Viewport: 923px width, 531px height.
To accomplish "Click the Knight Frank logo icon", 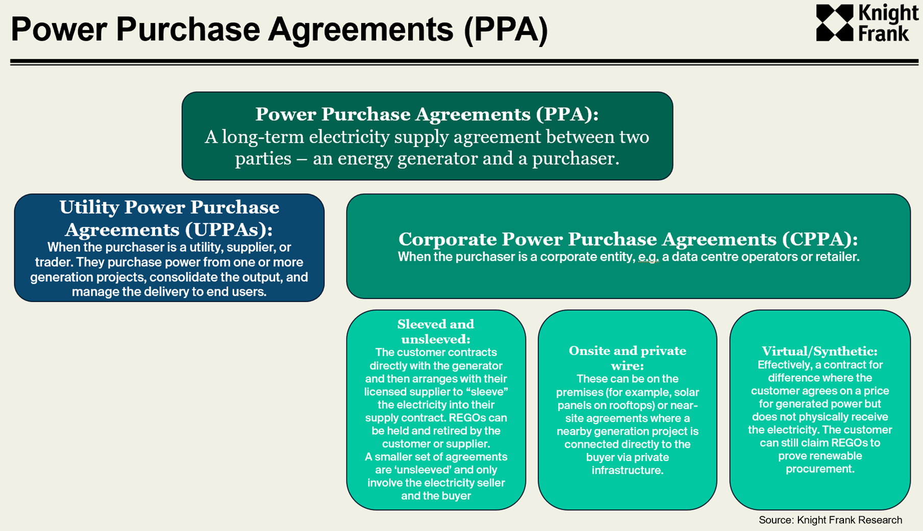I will [x=835, y=23].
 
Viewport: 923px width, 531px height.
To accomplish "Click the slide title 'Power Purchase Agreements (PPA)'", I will [x=279, y=29].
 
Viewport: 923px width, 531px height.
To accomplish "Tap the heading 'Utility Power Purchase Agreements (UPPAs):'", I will [x=169, y=218].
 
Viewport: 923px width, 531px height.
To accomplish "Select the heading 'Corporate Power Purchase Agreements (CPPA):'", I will [x=628, y=239].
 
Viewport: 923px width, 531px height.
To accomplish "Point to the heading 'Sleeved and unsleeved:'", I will [x=436, y=331].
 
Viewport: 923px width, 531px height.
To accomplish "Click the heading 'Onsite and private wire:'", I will [x=627, y=358].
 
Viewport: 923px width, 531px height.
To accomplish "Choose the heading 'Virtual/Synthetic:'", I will [x=819, y=351].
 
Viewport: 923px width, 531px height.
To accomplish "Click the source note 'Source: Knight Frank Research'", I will [x=830, y=520].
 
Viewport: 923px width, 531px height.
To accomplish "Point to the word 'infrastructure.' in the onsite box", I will [x=627, y=470].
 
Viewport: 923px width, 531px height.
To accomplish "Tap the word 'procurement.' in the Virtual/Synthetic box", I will [x=819, y=469].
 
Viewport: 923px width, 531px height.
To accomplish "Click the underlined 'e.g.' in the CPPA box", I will [x=648, y=257].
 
